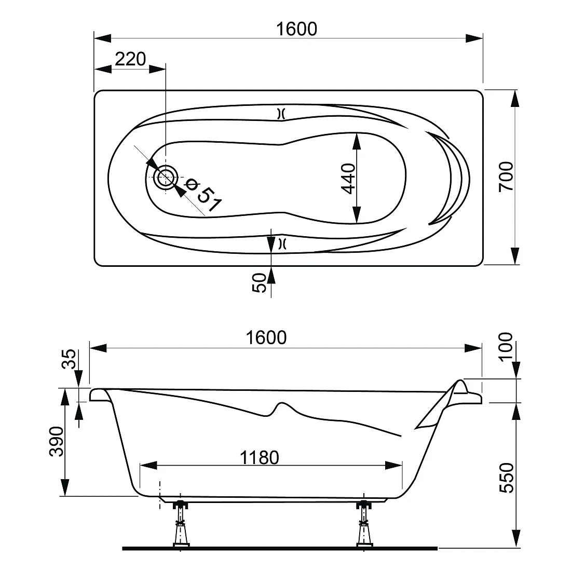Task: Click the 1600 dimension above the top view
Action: (x=296, y=29)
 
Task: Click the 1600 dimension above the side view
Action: (x=266, y=338)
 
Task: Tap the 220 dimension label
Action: (x=130, y=59)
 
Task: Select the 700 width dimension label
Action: (x=506, y=176)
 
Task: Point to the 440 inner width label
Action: (x=348, y=179)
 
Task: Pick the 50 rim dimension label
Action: (x=259, y=283)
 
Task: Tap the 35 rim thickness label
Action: (x=69, y=359)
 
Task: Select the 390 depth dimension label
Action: (x=57, y=441)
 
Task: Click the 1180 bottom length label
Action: (x=259, y=458)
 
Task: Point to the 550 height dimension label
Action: (x=507, y=478)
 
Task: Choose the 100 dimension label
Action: (x=506, y=347)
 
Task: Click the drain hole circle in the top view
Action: (x=166, y=177)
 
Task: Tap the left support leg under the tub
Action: (x=181, y=524)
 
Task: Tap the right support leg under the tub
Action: (x=363, y=524)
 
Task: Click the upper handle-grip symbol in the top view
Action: (x=281, y=114)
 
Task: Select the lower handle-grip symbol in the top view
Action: (x=281, y=243)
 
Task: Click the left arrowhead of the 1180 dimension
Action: (x=148, y=466)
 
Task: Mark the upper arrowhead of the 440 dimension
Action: (x=357, y=141)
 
